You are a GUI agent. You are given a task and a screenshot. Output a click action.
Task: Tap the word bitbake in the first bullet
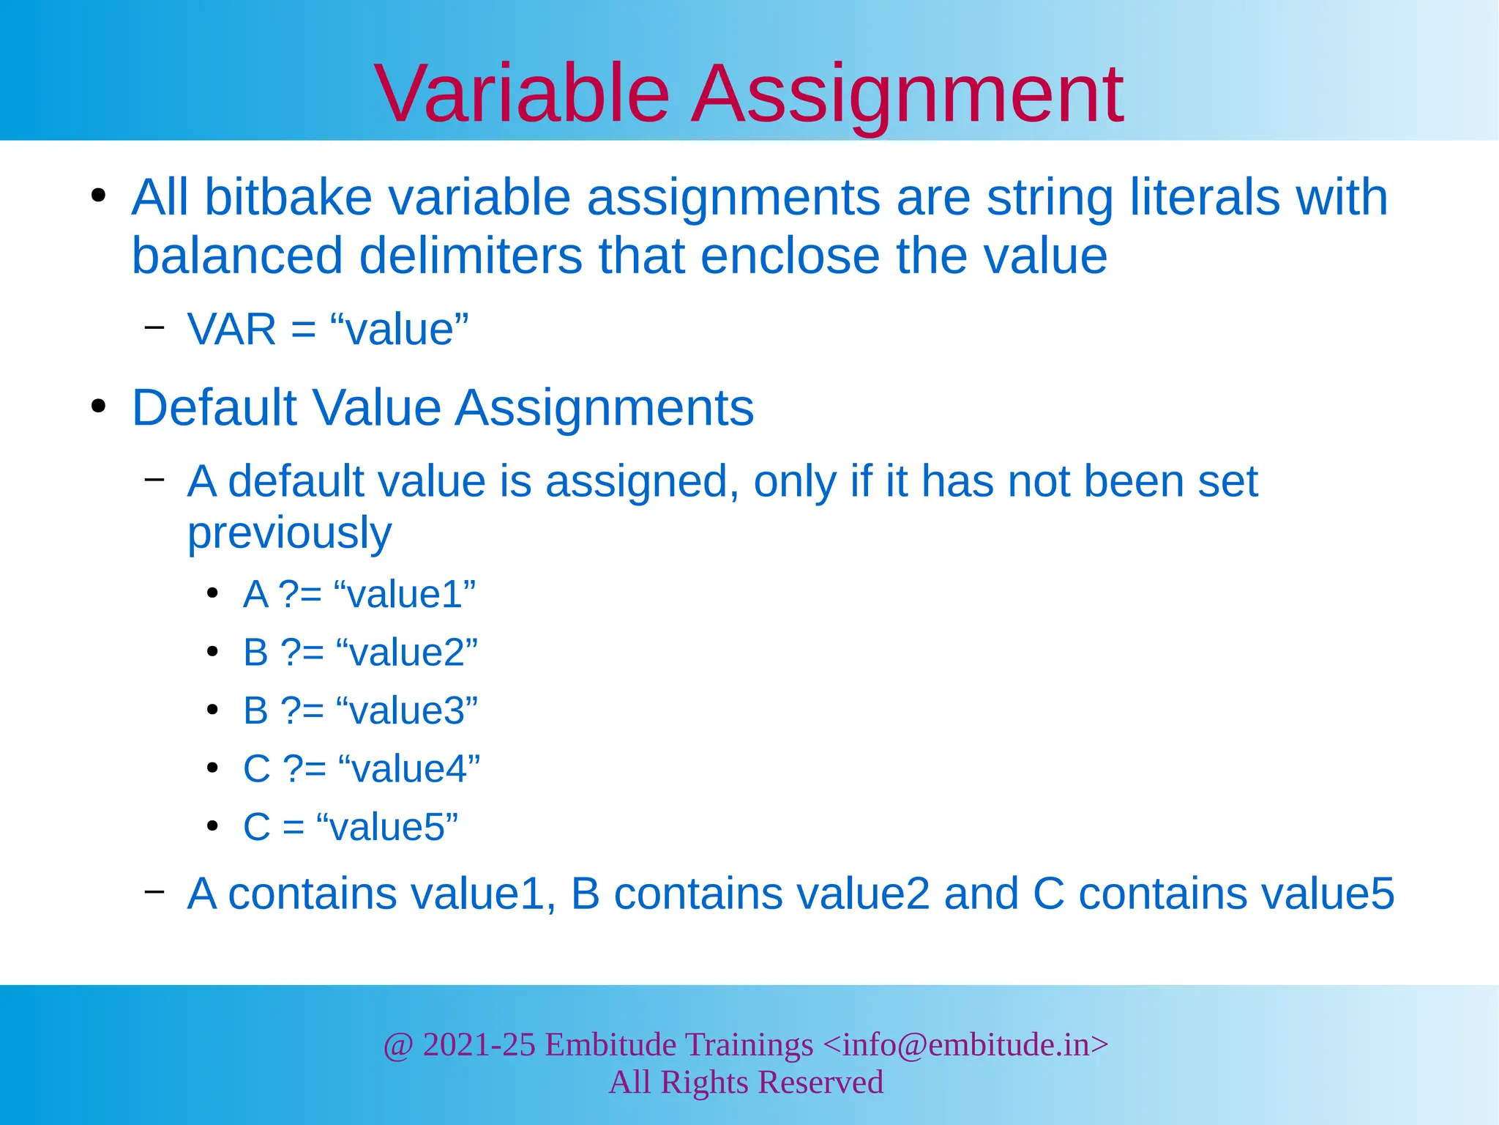pyautogui.click(x=288, y=198)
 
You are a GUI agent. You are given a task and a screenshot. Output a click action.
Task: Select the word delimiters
pyautogui.click(x=470, y=256)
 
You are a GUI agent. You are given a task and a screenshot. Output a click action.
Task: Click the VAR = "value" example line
pyautogui.click(x=327, y=330)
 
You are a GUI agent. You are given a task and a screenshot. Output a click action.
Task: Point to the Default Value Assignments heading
pyautogui.click(x=442, y=407)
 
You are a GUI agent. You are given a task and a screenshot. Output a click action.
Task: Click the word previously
pyautogui.click(x=289, y=532)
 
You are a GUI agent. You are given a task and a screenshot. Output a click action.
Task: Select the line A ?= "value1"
pyautogui.click(x=359, y=594)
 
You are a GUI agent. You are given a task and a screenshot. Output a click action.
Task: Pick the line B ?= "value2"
pyautogui.click(x=360, y=652)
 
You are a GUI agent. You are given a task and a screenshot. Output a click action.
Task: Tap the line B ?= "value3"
pyautogui.click(x=360, y=710)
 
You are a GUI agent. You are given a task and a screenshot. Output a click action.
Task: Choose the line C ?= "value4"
pyautogui.click(x=362, y=769)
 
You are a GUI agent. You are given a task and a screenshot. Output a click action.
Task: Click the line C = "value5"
pyautogui.click(x=350, y=827)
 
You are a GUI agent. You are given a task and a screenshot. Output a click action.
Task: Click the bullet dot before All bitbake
pyautogui.click(x=99, y=196)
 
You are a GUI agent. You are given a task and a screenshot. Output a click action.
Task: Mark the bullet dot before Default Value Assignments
pyautogui.click(x=99, y=406)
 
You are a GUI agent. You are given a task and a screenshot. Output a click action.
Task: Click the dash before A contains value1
pyautogui.click(x=154, y=891)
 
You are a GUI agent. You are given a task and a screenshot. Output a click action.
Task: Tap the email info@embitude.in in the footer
pyautogui.click(x=965, y=1044)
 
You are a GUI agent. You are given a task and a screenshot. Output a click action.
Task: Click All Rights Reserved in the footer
pyautogui.click(x=746, y=1083)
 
